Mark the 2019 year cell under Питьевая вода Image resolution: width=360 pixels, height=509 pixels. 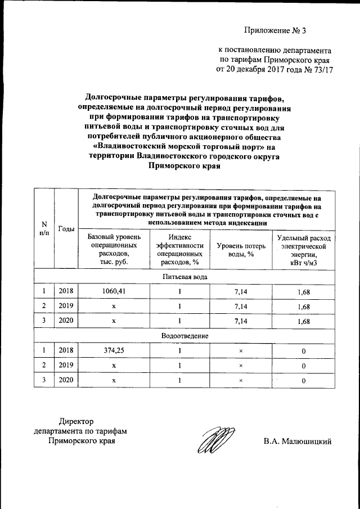tap(66, 307)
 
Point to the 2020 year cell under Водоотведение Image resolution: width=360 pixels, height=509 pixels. tap(66, 380)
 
